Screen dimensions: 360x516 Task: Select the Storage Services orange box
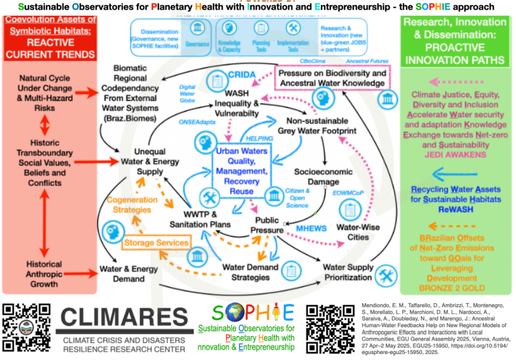point(156,243)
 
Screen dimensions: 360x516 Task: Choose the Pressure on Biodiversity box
point(333,78)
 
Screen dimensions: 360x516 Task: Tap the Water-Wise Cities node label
point(358,232)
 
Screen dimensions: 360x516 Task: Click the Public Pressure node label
point(269,225)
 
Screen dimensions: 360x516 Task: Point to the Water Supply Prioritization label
point(348,272)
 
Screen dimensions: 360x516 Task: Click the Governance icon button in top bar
point(197,34)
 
